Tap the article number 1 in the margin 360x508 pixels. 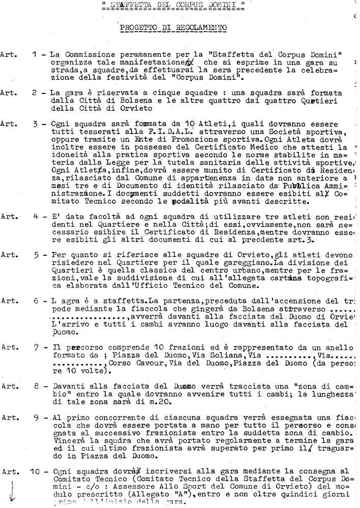click(33, 54)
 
